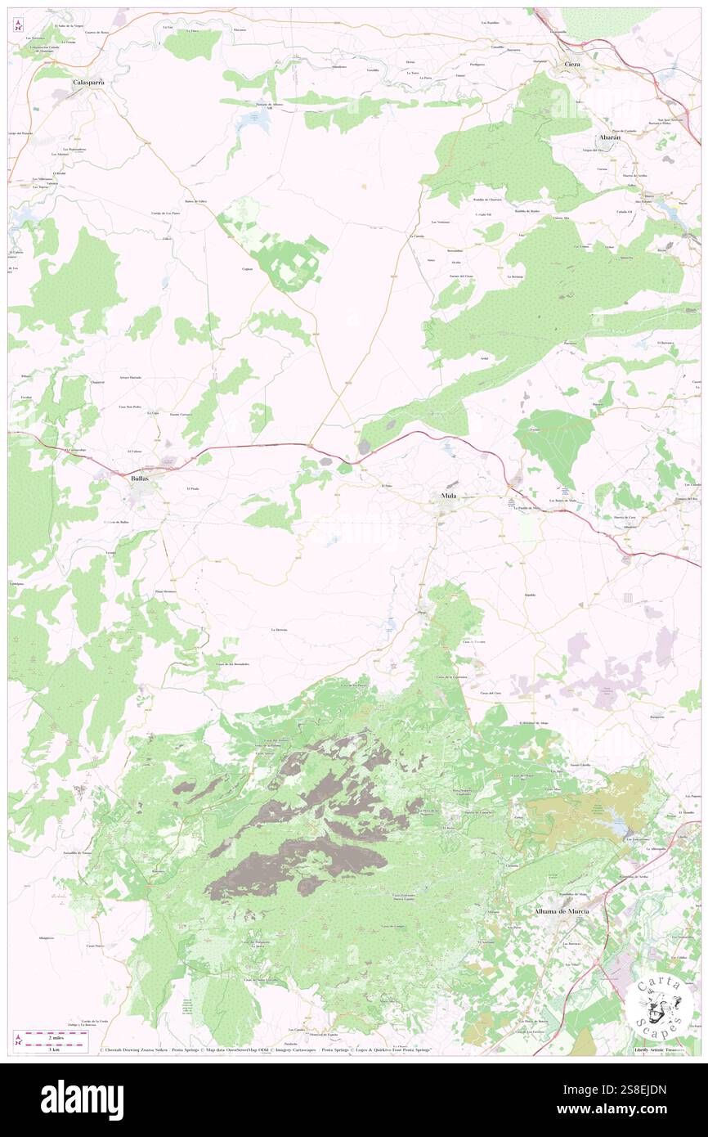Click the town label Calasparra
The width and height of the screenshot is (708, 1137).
(x=88, y=83)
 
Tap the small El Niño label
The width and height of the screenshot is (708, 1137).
(x=388, y=487)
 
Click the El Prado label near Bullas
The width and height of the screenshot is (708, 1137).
(x=193, y=488)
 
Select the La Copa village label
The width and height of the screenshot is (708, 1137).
(x=152, y=413)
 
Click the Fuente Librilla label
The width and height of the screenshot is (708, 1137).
(x=579, y=765)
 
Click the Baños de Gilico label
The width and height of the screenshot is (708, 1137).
(x=195, y=200)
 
